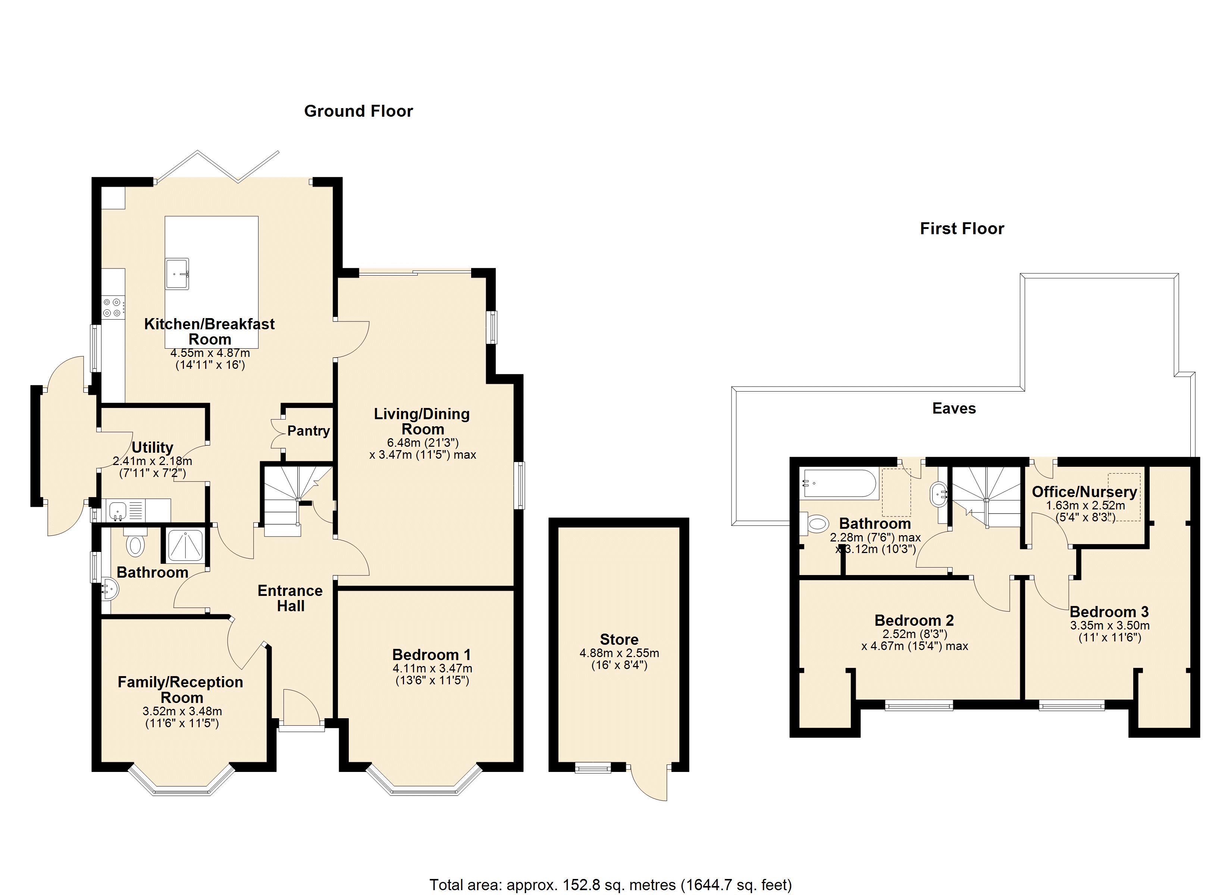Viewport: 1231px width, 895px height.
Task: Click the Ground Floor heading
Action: coord(358,111)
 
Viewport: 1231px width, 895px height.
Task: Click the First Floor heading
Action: coord(962,229)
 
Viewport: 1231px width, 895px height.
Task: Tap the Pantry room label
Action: coord(308,431)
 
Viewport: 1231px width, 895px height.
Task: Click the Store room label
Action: coord(619,639)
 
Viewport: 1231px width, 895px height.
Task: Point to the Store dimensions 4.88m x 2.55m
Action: coord(619,653)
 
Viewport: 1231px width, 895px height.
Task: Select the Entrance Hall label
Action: coord(290,598)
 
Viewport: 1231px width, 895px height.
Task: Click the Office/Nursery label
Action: coord(1084,492)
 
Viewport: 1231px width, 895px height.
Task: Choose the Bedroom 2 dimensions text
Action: coord(915,640)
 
